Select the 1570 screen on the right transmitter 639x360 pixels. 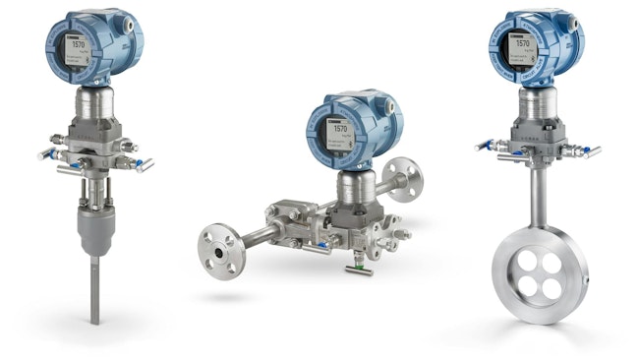pyautogui.click(x=522, y=44)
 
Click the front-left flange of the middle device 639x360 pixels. pyautogui.click(x=216, y=247)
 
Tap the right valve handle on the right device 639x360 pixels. pyautogui.click(x=591, y=152)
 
